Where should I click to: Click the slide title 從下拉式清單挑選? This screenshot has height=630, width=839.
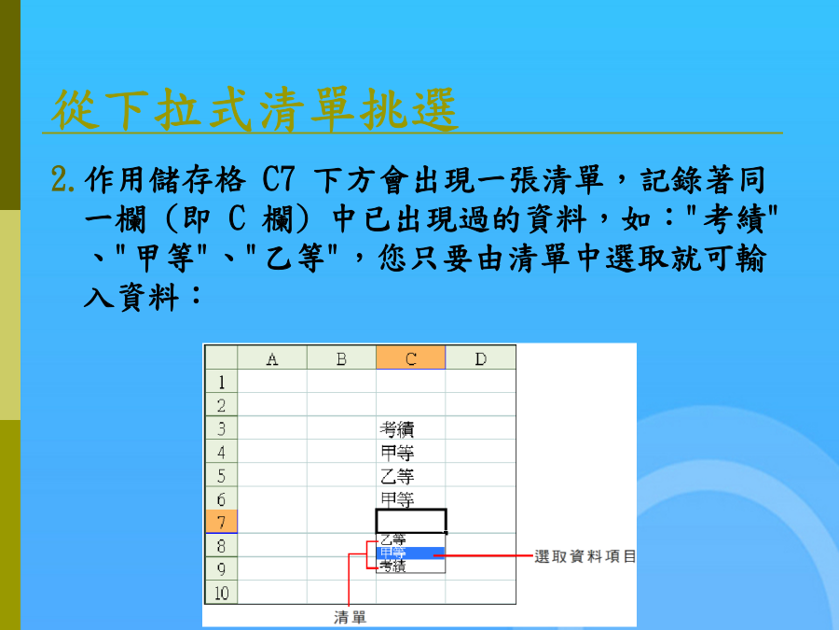[254, 109]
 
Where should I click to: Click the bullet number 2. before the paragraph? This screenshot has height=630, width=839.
[63, 179]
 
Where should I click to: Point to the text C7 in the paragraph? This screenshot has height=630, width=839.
[278, 179]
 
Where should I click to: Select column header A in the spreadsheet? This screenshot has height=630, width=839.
[272, 357]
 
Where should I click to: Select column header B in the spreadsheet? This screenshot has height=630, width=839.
[341, 357]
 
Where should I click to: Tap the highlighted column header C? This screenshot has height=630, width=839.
[411, 357]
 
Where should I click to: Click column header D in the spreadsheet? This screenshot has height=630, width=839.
[480, 357]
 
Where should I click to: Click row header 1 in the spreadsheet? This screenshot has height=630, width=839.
[221, 382]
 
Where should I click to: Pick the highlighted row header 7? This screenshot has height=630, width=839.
[221, 522]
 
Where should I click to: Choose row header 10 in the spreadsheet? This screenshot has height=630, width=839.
[221, 593]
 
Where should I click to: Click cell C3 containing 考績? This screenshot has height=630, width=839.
[410, 428]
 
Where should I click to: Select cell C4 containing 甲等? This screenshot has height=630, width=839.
[410, 452]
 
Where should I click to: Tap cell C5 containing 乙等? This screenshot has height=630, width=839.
[410, 476]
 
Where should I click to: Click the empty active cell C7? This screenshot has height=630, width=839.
[411, 521]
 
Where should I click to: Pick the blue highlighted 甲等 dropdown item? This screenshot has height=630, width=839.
[411, 553]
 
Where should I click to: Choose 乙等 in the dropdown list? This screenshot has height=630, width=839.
[393, 540]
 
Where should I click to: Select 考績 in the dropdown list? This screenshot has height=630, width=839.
[393, 566]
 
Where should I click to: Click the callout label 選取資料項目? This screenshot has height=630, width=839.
[585, 556]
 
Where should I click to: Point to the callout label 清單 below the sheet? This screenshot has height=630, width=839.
[351, 617]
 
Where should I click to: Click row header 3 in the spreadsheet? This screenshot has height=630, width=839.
[221, 428]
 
